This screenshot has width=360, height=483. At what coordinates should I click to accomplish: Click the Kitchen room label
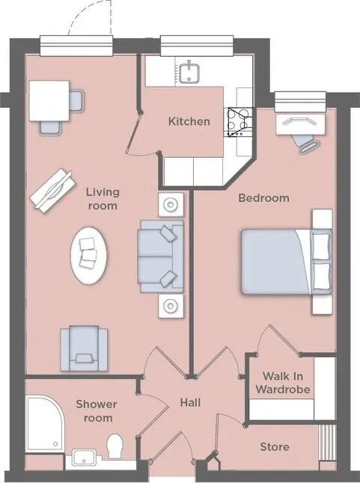189,121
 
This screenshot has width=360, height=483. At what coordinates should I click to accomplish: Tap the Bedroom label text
264,197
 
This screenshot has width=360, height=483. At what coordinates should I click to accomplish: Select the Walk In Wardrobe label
283,383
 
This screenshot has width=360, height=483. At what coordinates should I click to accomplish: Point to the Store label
275,447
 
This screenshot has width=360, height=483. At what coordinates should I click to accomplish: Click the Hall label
190,402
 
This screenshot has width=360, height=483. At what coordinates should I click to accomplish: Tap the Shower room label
97,411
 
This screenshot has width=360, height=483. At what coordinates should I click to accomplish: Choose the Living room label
103,199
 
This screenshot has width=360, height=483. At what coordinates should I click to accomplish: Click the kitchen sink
189,73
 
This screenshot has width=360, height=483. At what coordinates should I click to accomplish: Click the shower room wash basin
84,458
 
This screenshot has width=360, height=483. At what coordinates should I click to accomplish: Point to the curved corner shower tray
44,425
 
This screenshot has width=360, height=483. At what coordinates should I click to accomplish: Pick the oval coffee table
89,256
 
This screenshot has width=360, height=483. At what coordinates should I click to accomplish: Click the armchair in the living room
84,348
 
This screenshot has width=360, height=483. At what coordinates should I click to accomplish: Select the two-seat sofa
161,256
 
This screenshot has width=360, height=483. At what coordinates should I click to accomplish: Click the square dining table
49,101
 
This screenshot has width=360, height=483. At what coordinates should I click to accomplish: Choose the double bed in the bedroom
287,262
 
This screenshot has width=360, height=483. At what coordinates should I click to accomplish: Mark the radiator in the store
327,443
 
